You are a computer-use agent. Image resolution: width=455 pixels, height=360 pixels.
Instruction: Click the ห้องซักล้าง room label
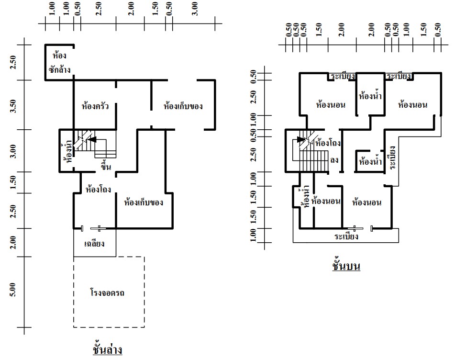coord(59,63)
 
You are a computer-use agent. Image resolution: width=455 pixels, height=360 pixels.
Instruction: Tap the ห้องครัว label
coord(95,106)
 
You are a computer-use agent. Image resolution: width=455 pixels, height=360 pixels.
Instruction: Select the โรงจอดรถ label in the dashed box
coord(107,292)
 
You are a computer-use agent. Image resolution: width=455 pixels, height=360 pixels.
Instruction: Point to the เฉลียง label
coord(94,243)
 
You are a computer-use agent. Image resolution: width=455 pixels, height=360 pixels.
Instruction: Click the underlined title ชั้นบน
coord(346,265)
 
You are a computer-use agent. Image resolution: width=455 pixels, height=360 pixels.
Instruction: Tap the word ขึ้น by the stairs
coord(106,166)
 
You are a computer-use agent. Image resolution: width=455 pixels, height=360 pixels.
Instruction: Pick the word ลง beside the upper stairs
coord(334,160)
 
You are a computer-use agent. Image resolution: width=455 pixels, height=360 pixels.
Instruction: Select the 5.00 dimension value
coord(13,290)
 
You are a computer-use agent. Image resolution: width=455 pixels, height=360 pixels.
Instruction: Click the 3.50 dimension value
coord(13,106)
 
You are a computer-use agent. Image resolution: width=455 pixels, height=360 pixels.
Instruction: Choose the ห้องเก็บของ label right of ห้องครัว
coord(183,106)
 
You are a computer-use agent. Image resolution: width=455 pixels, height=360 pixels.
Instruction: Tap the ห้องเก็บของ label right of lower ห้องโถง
coord(144,202)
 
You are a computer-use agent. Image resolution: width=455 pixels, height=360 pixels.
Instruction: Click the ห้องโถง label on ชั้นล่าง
coord(98,189)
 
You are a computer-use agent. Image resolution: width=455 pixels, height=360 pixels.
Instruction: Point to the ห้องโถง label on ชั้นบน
coord(328,143)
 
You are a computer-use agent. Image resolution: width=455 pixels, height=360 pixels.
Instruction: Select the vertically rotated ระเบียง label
coord(392,157)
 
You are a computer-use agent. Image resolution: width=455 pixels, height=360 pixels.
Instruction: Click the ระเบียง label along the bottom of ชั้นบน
coord(346,236)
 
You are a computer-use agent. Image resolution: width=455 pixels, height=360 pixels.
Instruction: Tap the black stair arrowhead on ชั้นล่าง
coord(91,140)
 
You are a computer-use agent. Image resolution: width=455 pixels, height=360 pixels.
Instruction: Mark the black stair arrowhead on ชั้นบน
coord(301,140)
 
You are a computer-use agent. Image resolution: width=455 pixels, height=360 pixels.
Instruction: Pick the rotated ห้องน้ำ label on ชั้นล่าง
coord(68,151)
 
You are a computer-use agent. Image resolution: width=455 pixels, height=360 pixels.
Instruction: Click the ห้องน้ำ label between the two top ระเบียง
coord(370,96)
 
